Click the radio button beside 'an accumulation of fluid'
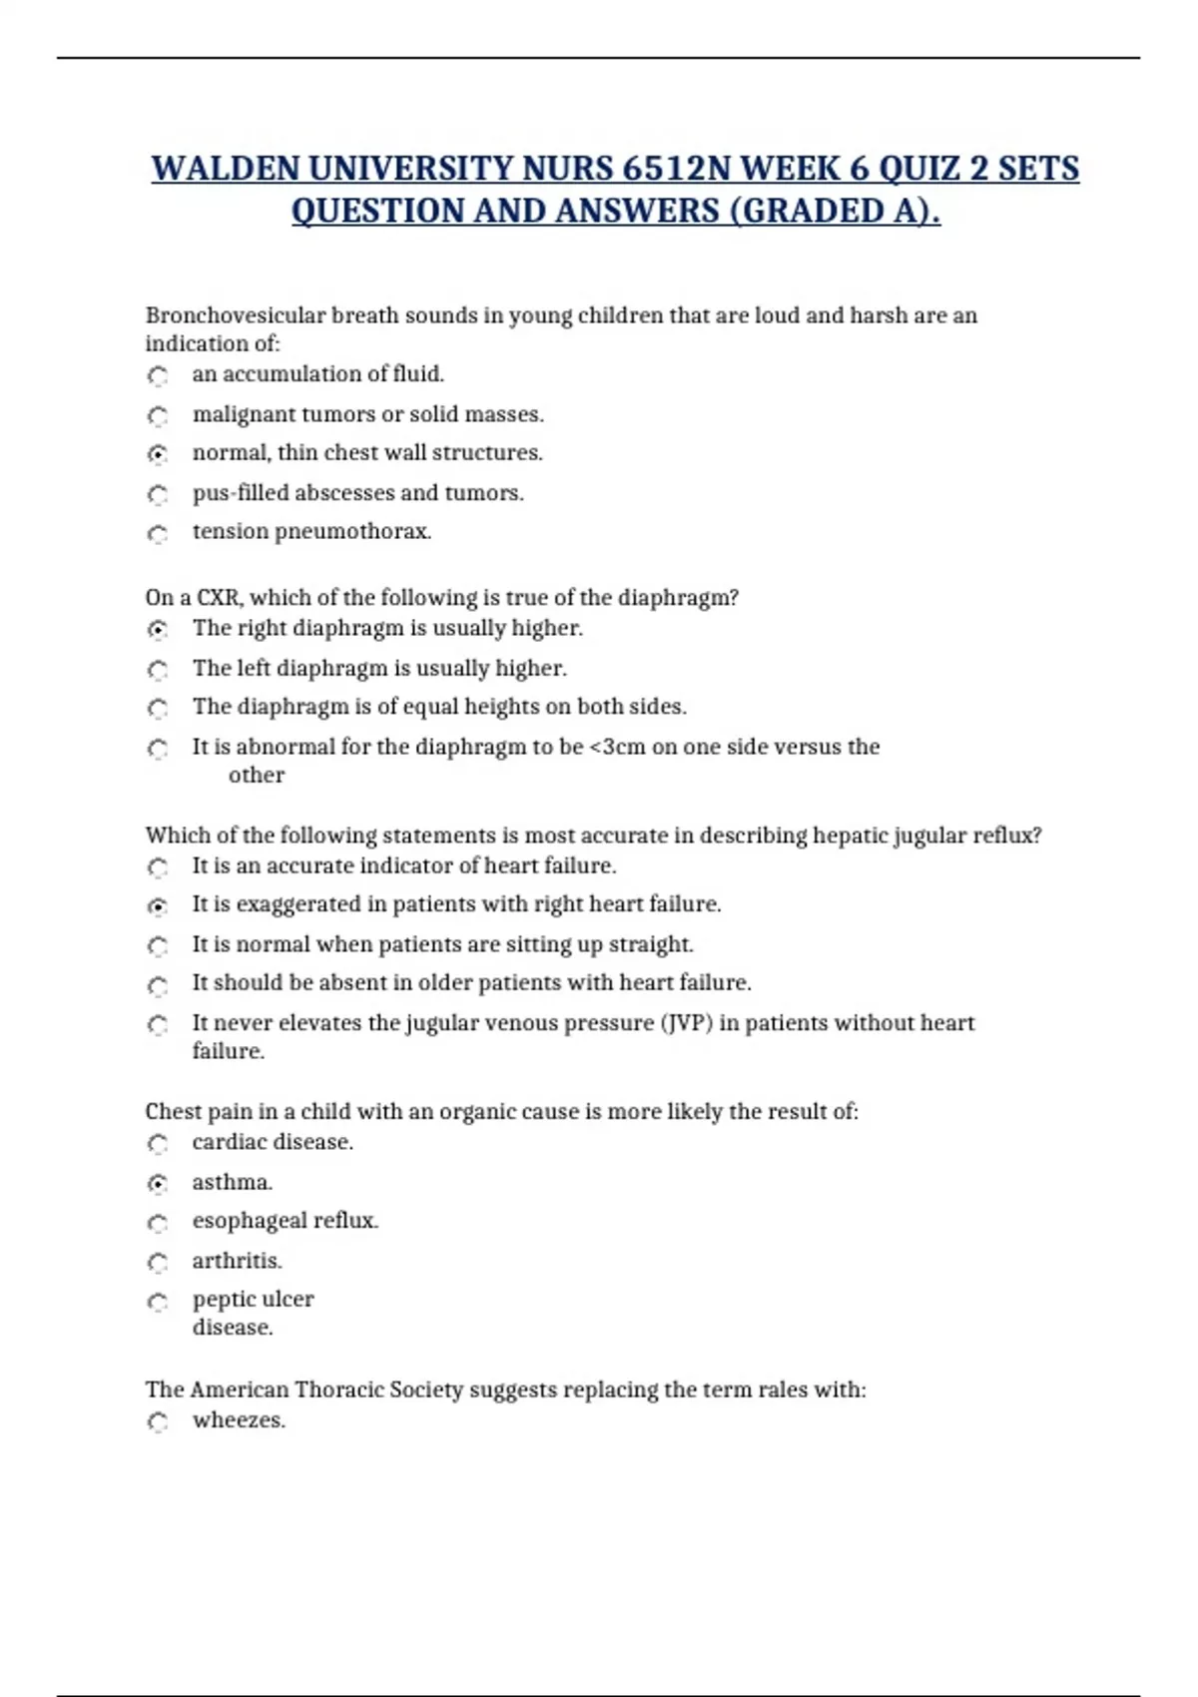pos(158,376)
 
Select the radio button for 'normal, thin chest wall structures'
pos(158,454)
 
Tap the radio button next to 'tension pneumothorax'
pos(158,534)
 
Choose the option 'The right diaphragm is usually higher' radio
pos(158,630)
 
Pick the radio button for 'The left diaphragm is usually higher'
pos(158,670)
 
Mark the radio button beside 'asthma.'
pos(158,1184)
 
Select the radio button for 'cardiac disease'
pos(158,1144)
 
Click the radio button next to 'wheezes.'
pos(158,1422)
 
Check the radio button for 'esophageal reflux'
pos(158,1223)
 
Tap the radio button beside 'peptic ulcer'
pos(158,1302)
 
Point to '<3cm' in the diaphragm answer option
pos(617,747)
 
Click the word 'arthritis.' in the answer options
pos(237,1261)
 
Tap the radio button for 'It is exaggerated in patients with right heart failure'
pos(158,906)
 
